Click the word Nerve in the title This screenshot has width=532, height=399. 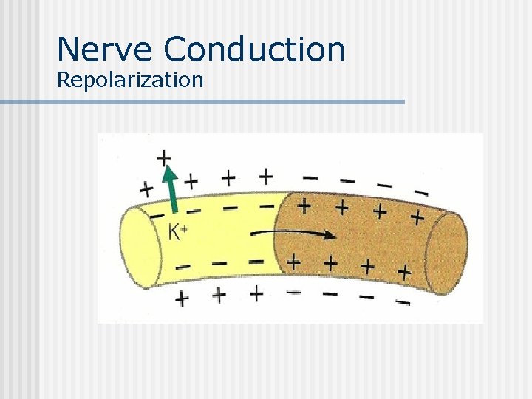click(105, 49)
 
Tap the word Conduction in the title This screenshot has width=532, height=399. click(254, 49)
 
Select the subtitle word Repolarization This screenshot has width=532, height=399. click(129, 80)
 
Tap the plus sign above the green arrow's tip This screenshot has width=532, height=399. click(163, 157)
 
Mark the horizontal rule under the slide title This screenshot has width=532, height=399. click(202, 102)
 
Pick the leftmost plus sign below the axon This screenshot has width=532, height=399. click(181, 299)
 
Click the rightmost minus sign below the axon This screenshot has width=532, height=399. click(403, 301)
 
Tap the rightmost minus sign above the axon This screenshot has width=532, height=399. click(421, 193)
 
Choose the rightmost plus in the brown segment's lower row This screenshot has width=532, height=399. click(403, 271)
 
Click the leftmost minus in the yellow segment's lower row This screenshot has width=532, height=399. click(183, 265)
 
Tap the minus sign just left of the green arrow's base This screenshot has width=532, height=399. click(157, 216)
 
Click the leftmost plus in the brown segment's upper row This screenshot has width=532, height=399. click(303, 205)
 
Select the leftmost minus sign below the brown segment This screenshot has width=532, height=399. click(293, 293)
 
